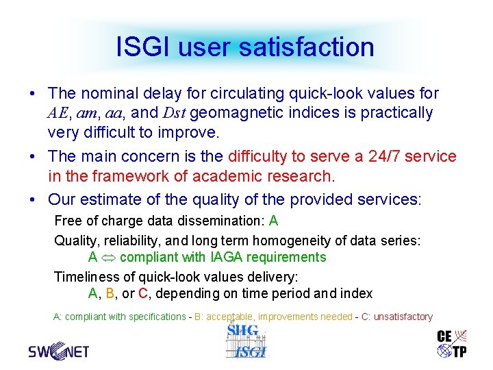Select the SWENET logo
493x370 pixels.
(x=59, y=351)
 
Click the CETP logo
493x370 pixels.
(x=452, y=343)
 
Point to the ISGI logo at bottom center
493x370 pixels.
(x=246, y=341)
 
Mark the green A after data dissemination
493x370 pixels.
(x=274, y=221)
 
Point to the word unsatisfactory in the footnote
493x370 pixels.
(x=403, y=317)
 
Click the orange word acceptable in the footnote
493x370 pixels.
(x=231, y=317)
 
